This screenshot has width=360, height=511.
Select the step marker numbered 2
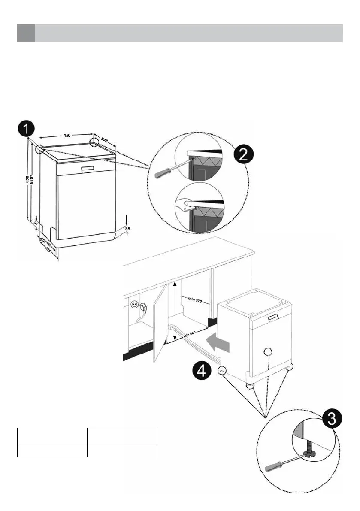(242, 155)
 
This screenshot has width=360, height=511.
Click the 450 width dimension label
(67, 135)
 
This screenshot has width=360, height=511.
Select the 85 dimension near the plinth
(127, 230)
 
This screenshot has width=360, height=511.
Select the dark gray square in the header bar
(26, 33)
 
